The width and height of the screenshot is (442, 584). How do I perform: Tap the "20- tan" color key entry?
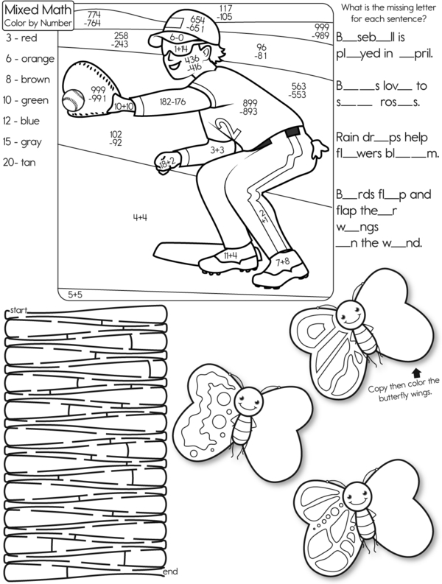click(22, 162)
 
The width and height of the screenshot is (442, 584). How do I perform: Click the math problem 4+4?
click(140, 217)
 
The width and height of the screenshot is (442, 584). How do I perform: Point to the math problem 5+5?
click(76, 294)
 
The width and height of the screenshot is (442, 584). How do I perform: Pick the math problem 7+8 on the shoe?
click(282, 261)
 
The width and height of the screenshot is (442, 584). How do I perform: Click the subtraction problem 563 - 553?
click(298, 90)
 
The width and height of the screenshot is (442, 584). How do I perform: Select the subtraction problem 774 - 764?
click(94, 18)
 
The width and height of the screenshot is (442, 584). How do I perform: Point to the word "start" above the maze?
click(18, 312)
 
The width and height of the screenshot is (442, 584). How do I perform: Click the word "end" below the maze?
click(169, 571)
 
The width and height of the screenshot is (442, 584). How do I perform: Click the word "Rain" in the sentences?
click(348, 136)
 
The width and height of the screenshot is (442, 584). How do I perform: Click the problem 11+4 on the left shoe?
click(229, 255)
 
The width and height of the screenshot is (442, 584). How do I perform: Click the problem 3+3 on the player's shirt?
click(217, 149)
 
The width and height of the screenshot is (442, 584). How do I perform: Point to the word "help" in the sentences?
click(418, 136)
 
